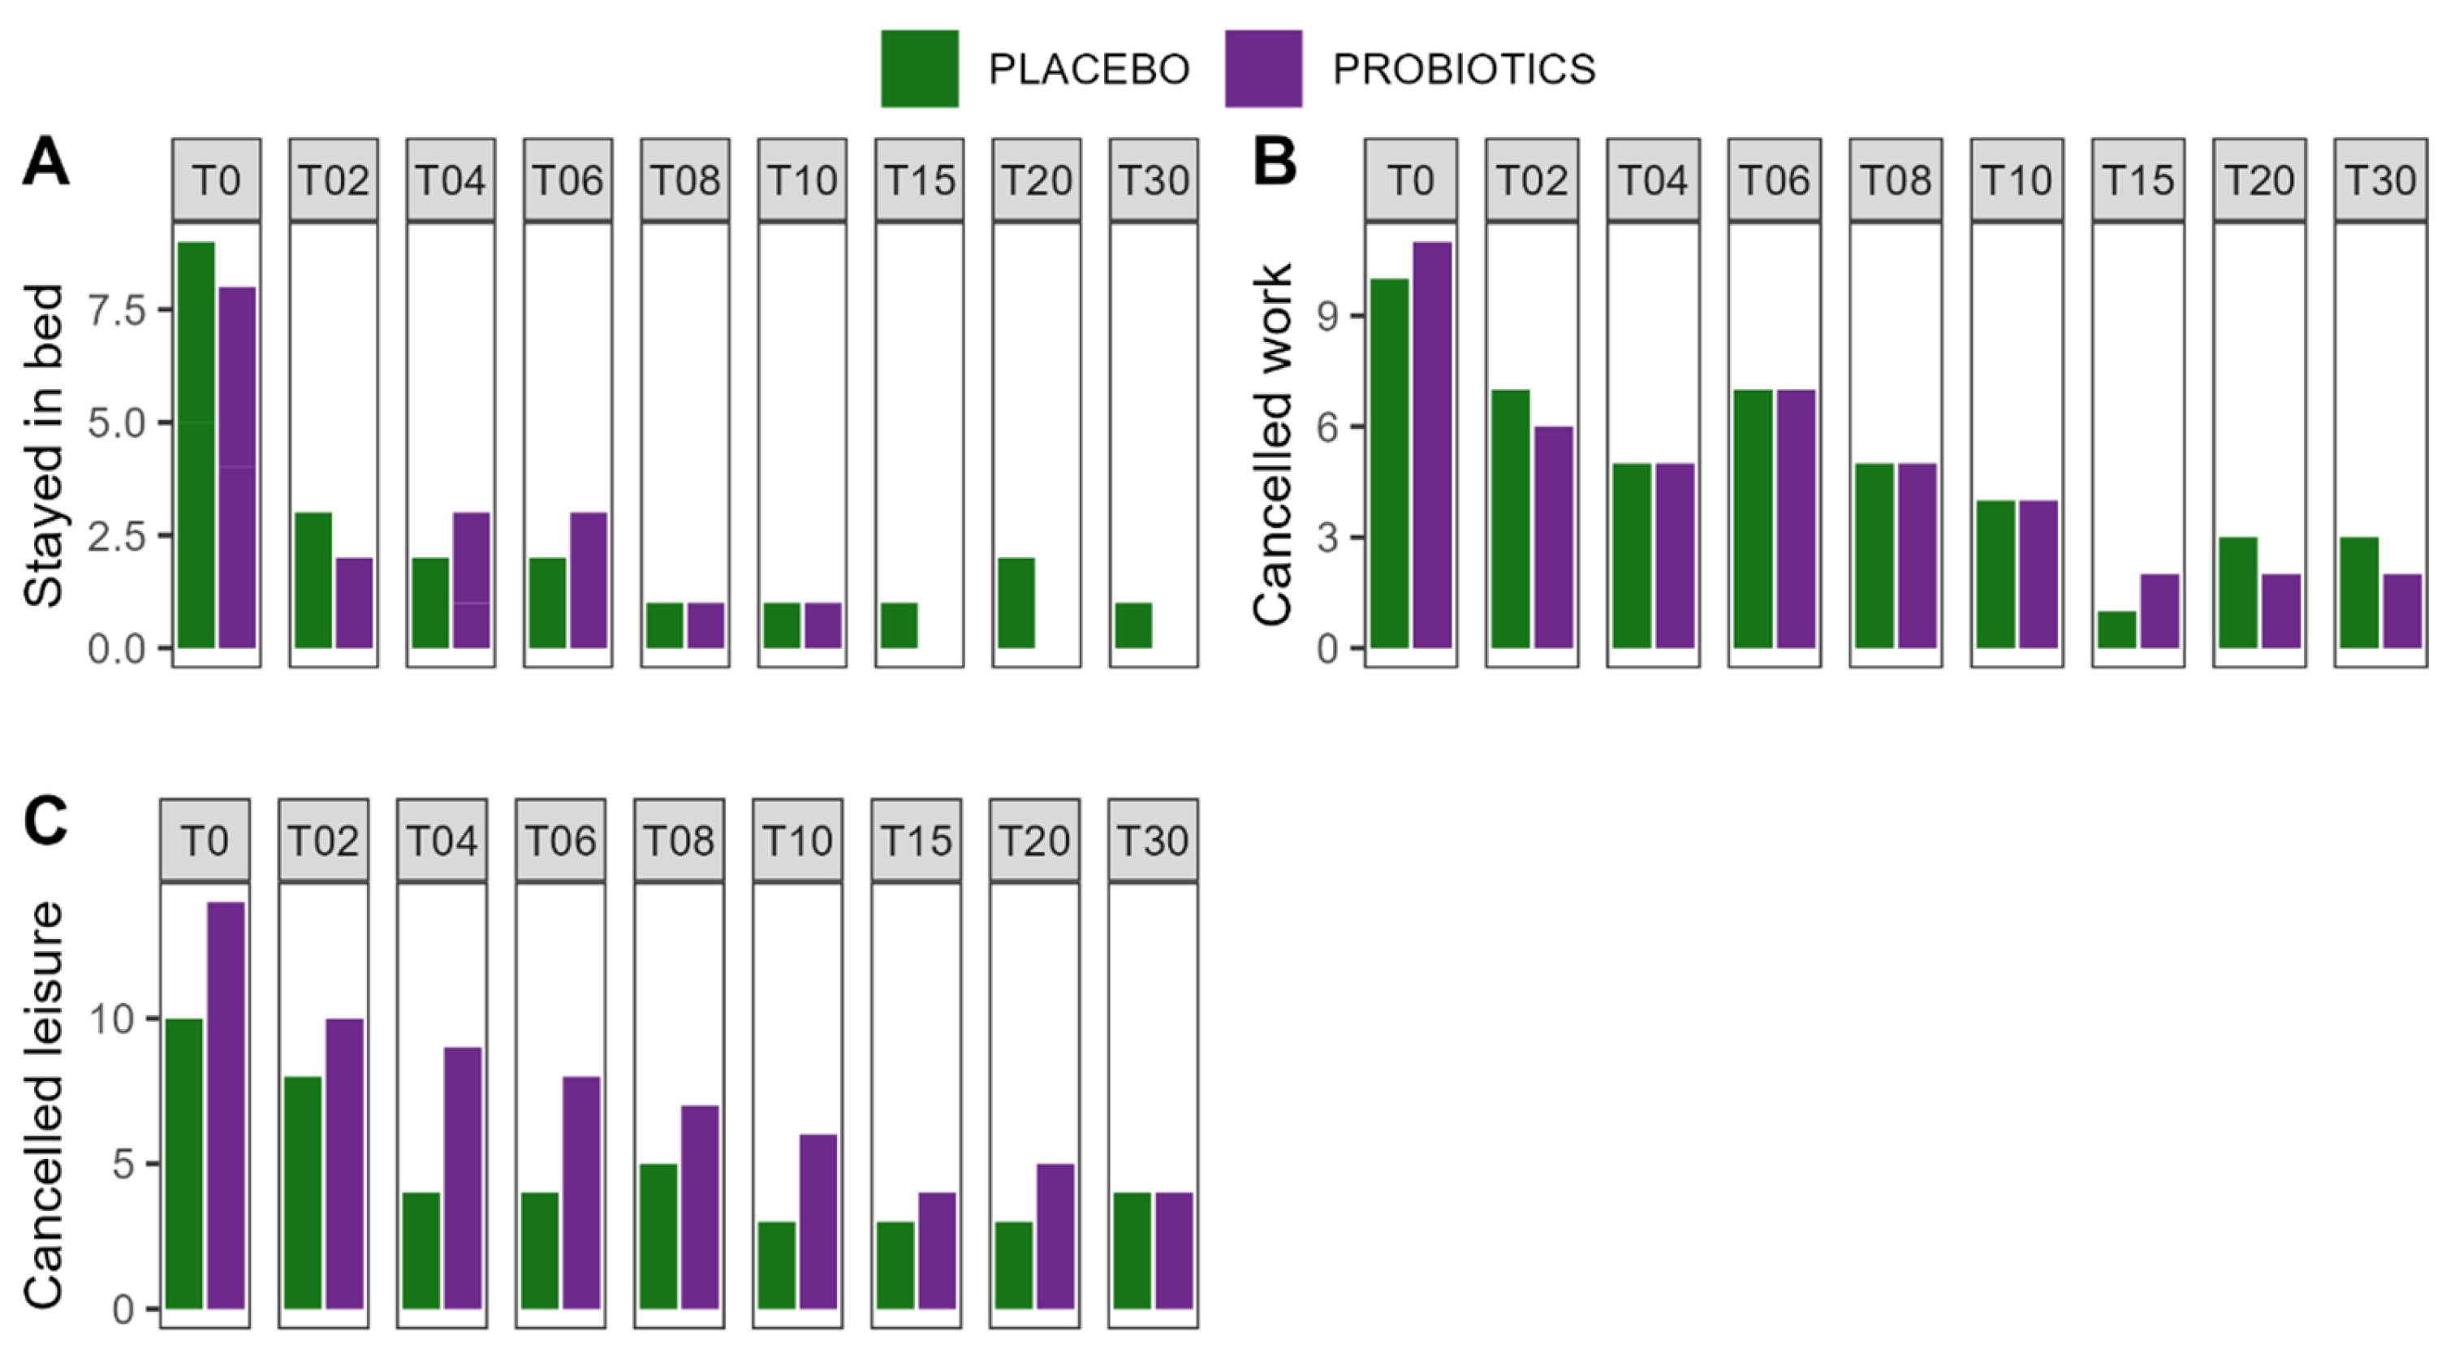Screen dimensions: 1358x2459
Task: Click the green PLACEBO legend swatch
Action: coord(919,69)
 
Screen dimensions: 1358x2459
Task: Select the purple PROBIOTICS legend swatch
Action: coord(1263,69)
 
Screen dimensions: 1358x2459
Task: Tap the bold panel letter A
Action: coord(45,163)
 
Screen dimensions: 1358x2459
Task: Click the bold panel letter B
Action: coord(1275,163)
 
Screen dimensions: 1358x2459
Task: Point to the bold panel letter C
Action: coord(45,822)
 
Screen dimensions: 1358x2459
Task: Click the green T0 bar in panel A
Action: coord(196,445)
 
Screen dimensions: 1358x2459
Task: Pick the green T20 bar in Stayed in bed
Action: coord(1016,603)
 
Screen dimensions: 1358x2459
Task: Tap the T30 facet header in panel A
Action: coord(1153,179)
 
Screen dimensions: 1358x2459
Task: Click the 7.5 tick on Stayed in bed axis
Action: coord(115,310)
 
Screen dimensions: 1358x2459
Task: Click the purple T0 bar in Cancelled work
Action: coord(1432,445)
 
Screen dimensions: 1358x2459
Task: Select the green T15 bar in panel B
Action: coord(2116,629)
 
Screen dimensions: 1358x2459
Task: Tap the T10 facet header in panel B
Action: coord(2016,179)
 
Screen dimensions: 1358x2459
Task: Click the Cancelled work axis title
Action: coord(1272,444)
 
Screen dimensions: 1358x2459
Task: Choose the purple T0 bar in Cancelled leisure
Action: coord(226,1105)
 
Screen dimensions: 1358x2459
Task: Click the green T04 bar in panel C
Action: coord(421,1250)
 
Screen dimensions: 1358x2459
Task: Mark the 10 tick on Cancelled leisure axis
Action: coord(110,1019)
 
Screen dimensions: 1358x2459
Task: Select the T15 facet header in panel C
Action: coord(916,841)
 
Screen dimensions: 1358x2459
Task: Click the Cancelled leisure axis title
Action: coord(43,1105)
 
